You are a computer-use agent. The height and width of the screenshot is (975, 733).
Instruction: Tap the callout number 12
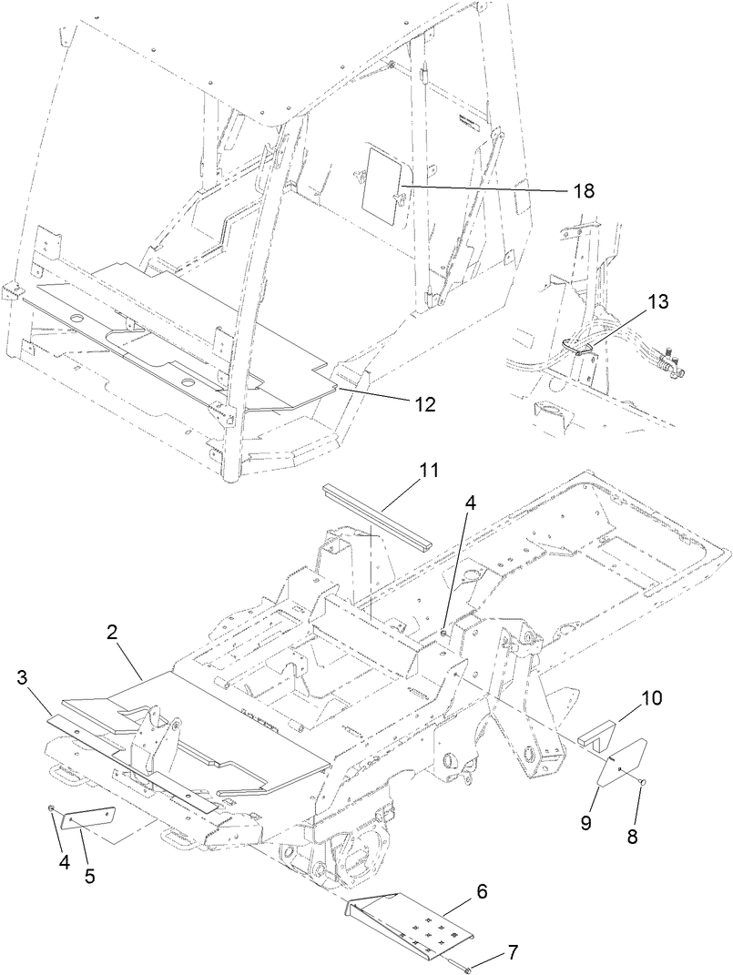pyautogui.click(x=422, y=402)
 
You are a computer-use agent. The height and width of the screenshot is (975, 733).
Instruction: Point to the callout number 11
pyautogui.click(x=429, y=471)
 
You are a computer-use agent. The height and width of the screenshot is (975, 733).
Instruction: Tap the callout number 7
pyautogui.click(x=513, y=953)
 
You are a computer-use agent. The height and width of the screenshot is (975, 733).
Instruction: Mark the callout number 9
pyautogui.click(x=586, y=820)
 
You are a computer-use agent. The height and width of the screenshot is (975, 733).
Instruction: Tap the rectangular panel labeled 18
pyautogui.click(x=378, y=177)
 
